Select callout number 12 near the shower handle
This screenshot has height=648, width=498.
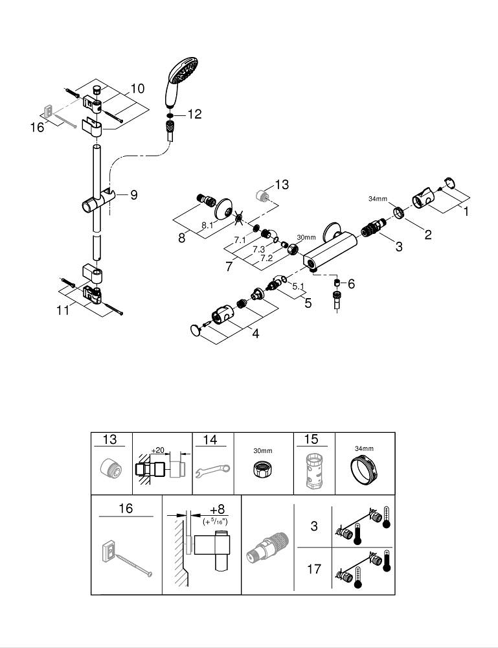pos(194,114)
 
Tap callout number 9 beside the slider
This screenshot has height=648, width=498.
pos(133,194)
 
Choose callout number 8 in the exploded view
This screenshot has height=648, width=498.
pos(182,238)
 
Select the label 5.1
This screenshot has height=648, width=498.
pos(299,286)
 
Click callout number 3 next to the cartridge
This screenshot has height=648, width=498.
pos(398,246)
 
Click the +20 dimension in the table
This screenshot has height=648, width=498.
pos(157,450)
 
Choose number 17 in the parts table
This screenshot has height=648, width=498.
pos(314,570)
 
